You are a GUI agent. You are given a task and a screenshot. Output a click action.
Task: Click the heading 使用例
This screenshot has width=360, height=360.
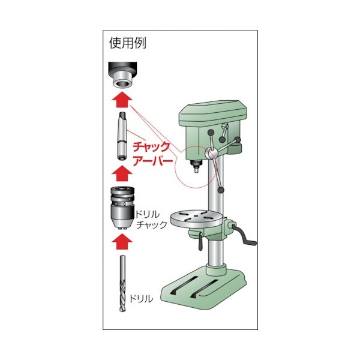click(128, 43)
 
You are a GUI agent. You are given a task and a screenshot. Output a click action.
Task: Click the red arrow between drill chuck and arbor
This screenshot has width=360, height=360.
click(122, 173)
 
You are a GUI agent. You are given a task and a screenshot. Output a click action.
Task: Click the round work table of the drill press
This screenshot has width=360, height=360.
click(195, 220)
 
